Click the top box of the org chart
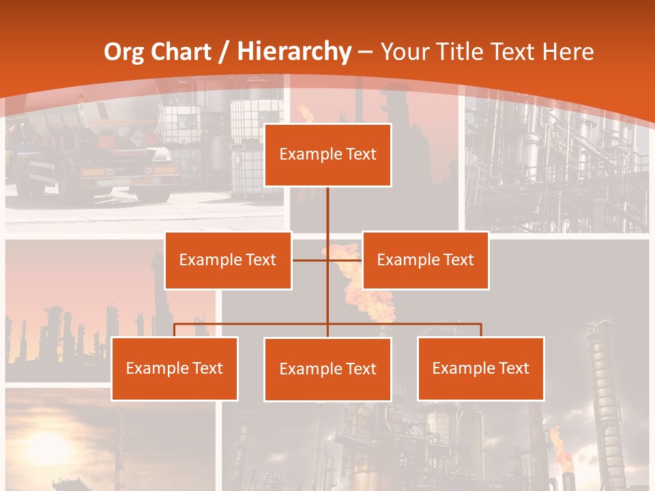click(327, 155)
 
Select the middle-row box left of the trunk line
click(228, 260)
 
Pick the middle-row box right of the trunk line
click(425, 260)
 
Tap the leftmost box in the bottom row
click(175, 368)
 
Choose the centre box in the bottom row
click(327, 369)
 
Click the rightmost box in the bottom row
click(480, 368)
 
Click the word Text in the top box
click(361, 154)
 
